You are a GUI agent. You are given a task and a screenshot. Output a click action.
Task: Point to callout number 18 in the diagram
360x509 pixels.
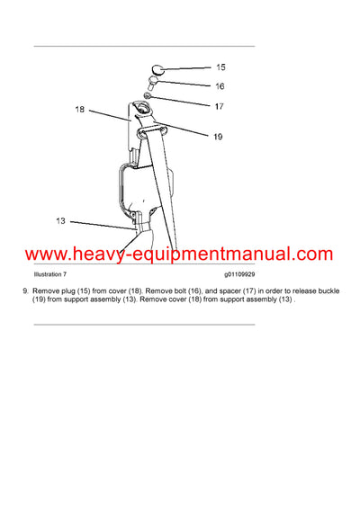80,109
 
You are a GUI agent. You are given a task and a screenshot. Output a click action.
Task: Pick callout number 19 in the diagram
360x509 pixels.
218,137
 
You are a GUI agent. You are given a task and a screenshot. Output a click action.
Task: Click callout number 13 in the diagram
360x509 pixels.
61,220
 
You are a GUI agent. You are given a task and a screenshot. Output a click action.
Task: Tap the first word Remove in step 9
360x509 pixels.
48,291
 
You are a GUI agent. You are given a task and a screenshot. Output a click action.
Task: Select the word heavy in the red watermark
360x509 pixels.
96,254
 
